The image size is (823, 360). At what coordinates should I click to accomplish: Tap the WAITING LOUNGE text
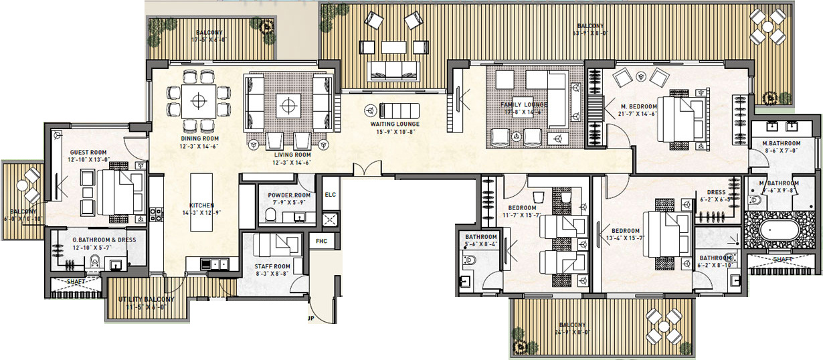point(395,124)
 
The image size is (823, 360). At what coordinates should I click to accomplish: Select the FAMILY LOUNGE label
point(524,105)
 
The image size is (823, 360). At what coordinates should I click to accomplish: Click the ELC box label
point(330,195)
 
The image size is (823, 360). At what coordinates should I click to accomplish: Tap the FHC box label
point(322,240)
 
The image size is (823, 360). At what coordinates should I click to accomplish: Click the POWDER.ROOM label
point(286,195)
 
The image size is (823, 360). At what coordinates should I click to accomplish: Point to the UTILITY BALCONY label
point(146,299)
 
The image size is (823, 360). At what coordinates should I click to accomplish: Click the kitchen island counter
point(201,202)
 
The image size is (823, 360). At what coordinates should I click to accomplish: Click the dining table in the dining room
point(198,102)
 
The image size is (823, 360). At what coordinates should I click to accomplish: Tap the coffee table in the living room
point(288,104)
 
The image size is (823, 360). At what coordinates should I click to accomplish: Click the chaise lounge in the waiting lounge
point(399,110)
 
